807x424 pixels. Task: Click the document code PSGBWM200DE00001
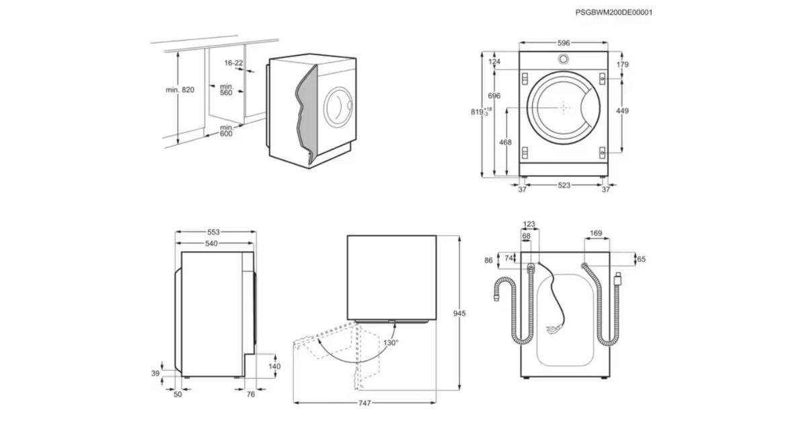click(614, 12)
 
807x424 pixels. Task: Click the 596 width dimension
click(564, 42)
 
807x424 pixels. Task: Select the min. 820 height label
click(180, 90)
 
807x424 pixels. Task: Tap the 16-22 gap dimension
click(234, 63)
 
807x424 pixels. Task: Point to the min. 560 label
click(225, 90)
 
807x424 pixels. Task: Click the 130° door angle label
click(390, 343)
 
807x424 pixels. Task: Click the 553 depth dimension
click(213, 232)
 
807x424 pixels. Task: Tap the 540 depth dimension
click(213, 243)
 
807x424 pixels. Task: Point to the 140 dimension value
click(274, 366)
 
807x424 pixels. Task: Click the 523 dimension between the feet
click(564, 184)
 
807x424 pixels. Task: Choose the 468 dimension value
click(505, 143)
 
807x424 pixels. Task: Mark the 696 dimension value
click(495, 96)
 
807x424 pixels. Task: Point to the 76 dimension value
click(251, 394)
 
